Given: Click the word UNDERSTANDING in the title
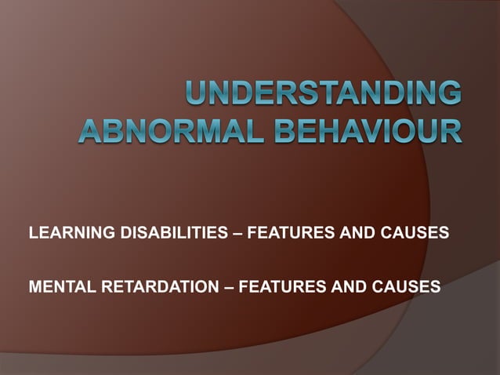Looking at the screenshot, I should [x=322, y=96].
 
